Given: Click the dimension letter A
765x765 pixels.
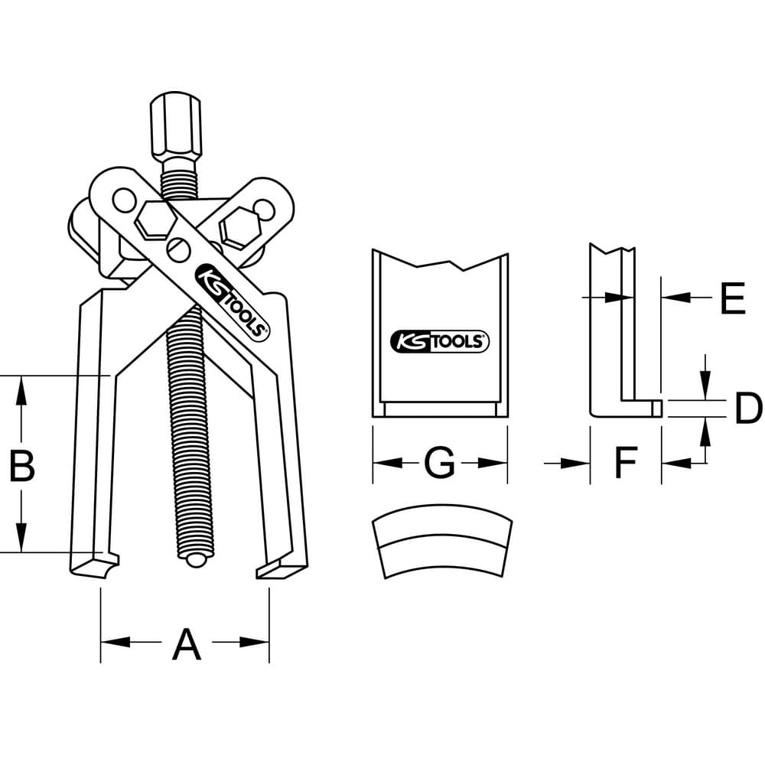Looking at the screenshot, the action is pyautogui.click(x=187, y=644).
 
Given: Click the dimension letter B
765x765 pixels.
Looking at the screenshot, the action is pyautogui.click(x=22, y=465).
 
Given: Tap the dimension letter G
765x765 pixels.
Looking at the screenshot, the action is pyautogui.click(x=439, y=463).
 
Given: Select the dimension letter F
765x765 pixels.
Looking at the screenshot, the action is pyautogui.click(x=626, y=463).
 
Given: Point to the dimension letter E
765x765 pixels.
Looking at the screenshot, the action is pyautogui.click(x=733, y=297).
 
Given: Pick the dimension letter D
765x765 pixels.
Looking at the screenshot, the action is pyautogui.click(x=747, y=408).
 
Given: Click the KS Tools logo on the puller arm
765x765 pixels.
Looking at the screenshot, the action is pyautogui.click(x=232, y=302).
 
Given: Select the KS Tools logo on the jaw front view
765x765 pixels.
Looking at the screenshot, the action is pyautogui.click(x=440, y=341).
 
